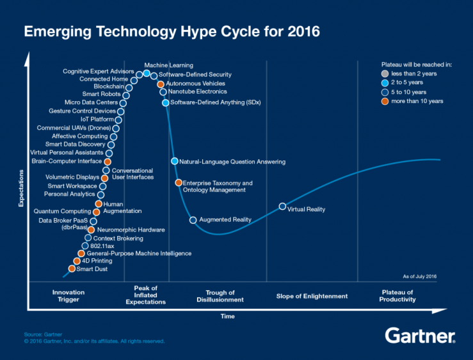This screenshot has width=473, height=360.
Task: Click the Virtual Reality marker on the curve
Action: pyautogui.click(x=282, y=207)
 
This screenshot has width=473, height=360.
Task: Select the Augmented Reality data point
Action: pyautogui.click(x=193, y=220)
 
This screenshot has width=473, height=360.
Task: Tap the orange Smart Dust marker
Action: pyautogui.click(x=72, y=269)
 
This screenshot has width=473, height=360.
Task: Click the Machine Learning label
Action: pyautogui.click(x=168, y=65)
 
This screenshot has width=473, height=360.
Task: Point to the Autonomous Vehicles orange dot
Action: pyautogui.click(x=161, y=84)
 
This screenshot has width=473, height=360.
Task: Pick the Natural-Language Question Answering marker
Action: pyautogui.click(x=174, y=161)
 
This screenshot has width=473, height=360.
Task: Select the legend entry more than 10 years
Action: pyautogui.click(x=413, y=101)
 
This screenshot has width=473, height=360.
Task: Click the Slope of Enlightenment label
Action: pyautogui.click(x=312, y=295)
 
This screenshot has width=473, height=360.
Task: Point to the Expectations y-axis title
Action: pyautogui.click(x=20, y=185)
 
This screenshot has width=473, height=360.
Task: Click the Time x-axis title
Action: pyautogui.click(x=227, y=316)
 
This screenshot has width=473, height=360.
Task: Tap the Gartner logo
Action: pyautogui.click(x=420, y=336)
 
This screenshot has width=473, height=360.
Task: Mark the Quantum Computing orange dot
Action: pyautogui.click(x=96, y=212)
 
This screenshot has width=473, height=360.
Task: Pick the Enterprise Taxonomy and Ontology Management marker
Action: pyautogui.click(x=179, y=183)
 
